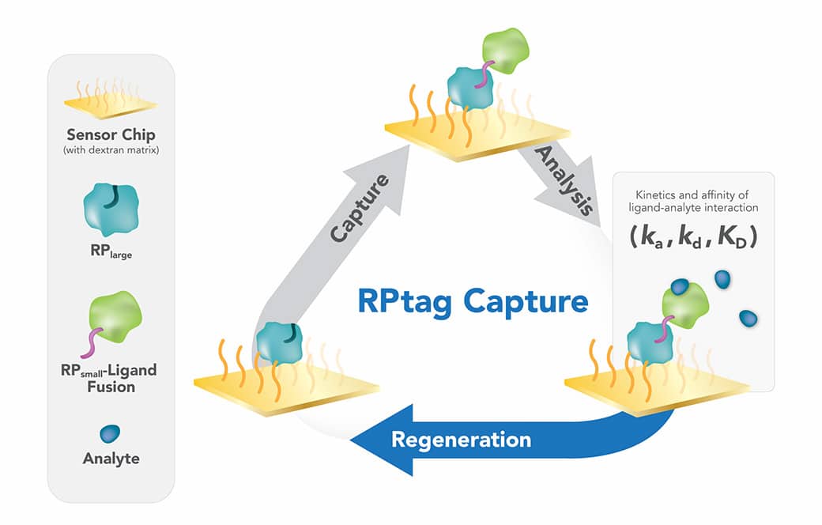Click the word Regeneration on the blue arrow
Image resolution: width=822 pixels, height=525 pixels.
(461, 438)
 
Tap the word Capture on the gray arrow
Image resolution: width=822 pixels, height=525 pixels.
(360, 209)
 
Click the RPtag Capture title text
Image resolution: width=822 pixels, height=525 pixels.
(473, 302)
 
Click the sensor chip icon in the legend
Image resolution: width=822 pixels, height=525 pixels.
(110, 100)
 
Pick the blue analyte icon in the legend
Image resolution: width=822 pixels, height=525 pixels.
(111, 433)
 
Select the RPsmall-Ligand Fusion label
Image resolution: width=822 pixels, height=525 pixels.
(110, 378)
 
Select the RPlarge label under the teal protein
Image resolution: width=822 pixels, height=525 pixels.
(110, 253)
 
